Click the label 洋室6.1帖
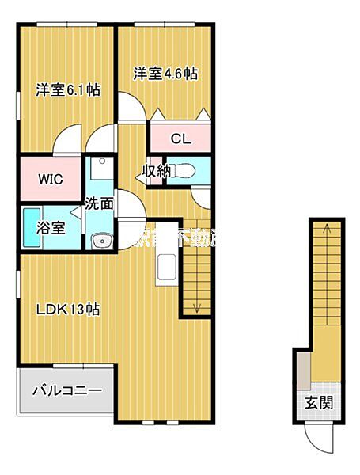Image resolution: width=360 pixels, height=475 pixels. [x=67, y=90]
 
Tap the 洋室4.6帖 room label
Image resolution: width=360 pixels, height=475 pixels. [x=165, y=74]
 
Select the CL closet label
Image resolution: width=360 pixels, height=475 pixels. [x=181, y=139]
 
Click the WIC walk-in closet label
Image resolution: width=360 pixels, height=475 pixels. [x=49, y=179]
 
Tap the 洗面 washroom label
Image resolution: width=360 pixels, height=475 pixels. [x=99, y=203]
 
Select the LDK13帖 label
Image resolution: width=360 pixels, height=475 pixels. [x=67, y=310]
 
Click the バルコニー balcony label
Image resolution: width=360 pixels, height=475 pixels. [x=66, y=391]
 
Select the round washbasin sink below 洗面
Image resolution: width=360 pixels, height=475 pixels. [x=98, y=241]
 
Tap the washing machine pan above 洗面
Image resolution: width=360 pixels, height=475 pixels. [x=100, y=169]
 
